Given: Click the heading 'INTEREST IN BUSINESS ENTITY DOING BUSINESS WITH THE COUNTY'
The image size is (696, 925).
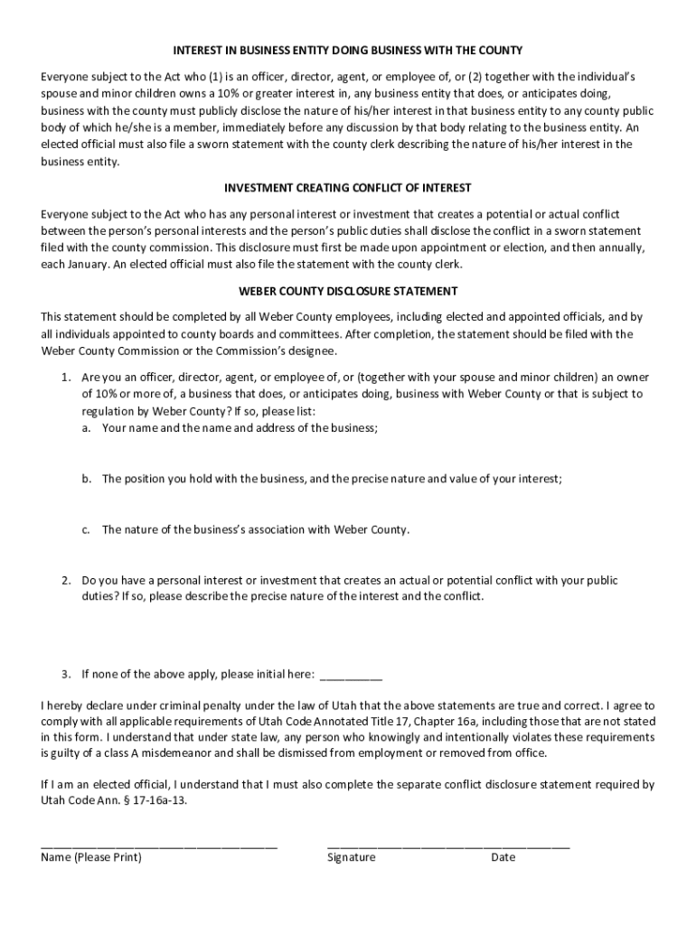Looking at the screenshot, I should pyautogui.click(x=348, y=50).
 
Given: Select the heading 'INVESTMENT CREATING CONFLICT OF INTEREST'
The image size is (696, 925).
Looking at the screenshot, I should pyautogui.click(x=348, y=188).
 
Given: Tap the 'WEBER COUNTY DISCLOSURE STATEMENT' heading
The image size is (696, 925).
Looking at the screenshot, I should pyautogui.click(x=348, y=292).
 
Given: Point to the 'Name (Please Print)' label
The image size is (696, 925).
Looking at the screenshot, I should pyautogui.click(x=91, y=857).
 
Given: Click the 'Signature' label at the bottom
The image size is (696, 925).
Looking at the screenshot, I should pyautogui.click(x=351, y=857).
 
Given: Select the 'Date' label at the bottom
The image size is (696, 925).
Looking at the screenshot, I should pyautogui.click(x=503, y=857).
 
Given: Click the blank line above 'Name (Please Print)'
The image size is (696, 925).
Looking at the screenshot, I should pyautogui.click(x=159, y=846).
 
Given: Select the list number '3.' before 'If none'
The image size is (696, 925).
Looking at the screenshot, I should pyautogui.click(x=67, y=674).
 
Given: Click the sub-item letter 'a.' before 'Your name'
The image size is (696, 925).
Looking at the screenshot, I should pyautogui.click(x=86, y=428).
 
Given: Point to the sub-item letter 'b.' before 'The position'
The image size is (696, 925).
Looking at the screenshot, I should pyautogui.click(x=86, y=479).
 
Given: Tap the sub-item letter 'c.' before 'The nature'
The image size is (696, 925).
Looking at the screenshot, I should pyautogui.click(x=86, y=530).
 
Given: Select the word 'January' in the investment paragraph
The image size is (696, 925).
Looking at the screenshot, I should pyautogui.click(x=90, y=265).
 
